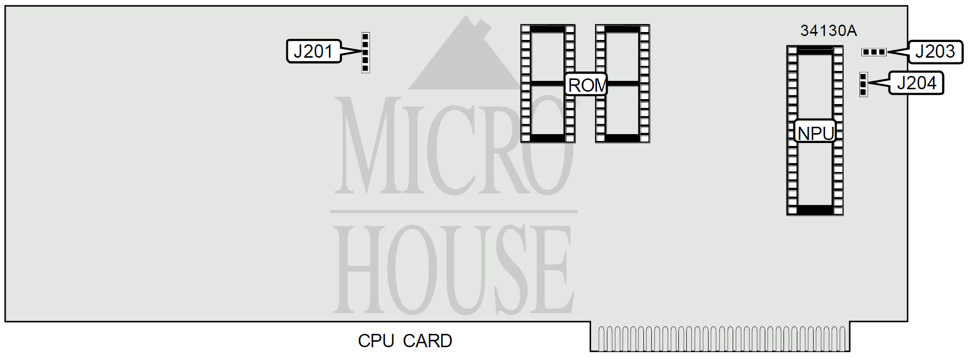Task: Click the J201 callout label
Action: point(314,51)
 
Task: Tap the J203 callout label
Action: point(935,51)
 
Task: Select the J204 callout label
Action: point(916,83)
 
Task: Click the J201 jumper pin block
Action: point(366,52)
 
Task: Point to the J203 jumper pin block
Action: point(874,52)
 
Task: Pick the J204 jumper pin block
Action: point(863,84)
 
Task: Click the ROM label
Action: point(586,85)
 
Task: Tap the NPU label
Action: point(815,133)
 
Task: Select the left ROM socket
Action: point(548,84)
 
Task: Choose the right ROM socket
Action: point(623,84)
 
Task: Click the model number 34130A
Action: point(828,31)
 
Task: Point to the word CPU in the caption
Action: point(376,341)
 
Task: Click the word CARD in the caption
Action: point(427,341)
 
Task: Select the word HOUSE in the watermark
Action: point(454,269)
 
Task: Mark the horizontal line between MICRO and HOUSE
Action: point(454,212)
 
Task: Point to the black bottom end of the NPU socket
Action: point(815,210)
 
